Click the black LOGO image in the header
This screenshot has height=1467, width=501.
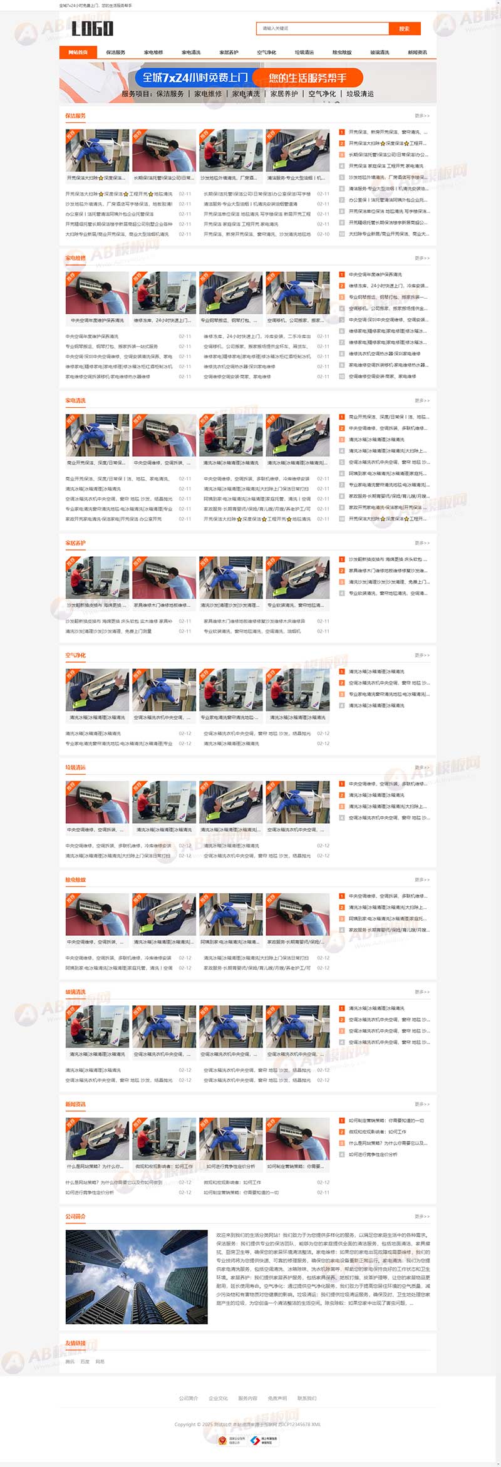coord(92,28)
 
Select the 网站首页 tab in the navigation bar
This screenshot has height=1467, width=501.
coord(78,53)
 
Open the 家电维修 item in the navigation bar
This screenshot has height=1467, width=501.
coord(153,53)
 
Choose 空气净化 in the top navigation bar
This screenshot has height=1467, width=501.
coord(266,53)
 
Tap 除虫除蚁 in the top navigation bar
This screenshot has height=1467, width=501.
coord(342,53)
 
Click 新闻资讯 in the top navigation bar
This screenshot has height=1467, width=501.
coord(417,53)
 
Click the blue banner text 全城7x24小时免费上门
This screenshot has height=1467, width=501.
coord(195,78)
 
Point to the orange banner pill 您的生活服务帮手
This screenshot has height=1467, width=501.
coord(307,78)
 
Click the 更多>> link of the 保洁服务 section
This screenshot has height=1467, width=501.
coord(421,116)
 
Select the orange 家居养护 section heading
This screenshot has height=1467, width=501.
coord(76,543)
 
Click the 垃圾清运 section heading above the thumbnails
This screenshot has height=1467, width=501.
coord(76,767)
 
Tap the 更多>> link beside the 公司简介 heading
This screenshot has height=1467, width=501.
coord(421,1216)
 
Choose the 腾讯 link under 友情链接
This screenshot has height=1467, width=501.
coord(70,1362)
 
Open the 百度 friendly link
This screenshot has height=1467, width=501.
coord(85,1362)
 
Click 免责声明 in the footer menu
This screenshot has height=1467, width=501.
coord(277,1398)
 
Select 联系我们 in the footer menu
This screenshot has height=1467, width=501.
coord(307,1398)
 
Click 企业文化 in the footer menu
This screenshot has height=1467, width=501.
coord(218,1398)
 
